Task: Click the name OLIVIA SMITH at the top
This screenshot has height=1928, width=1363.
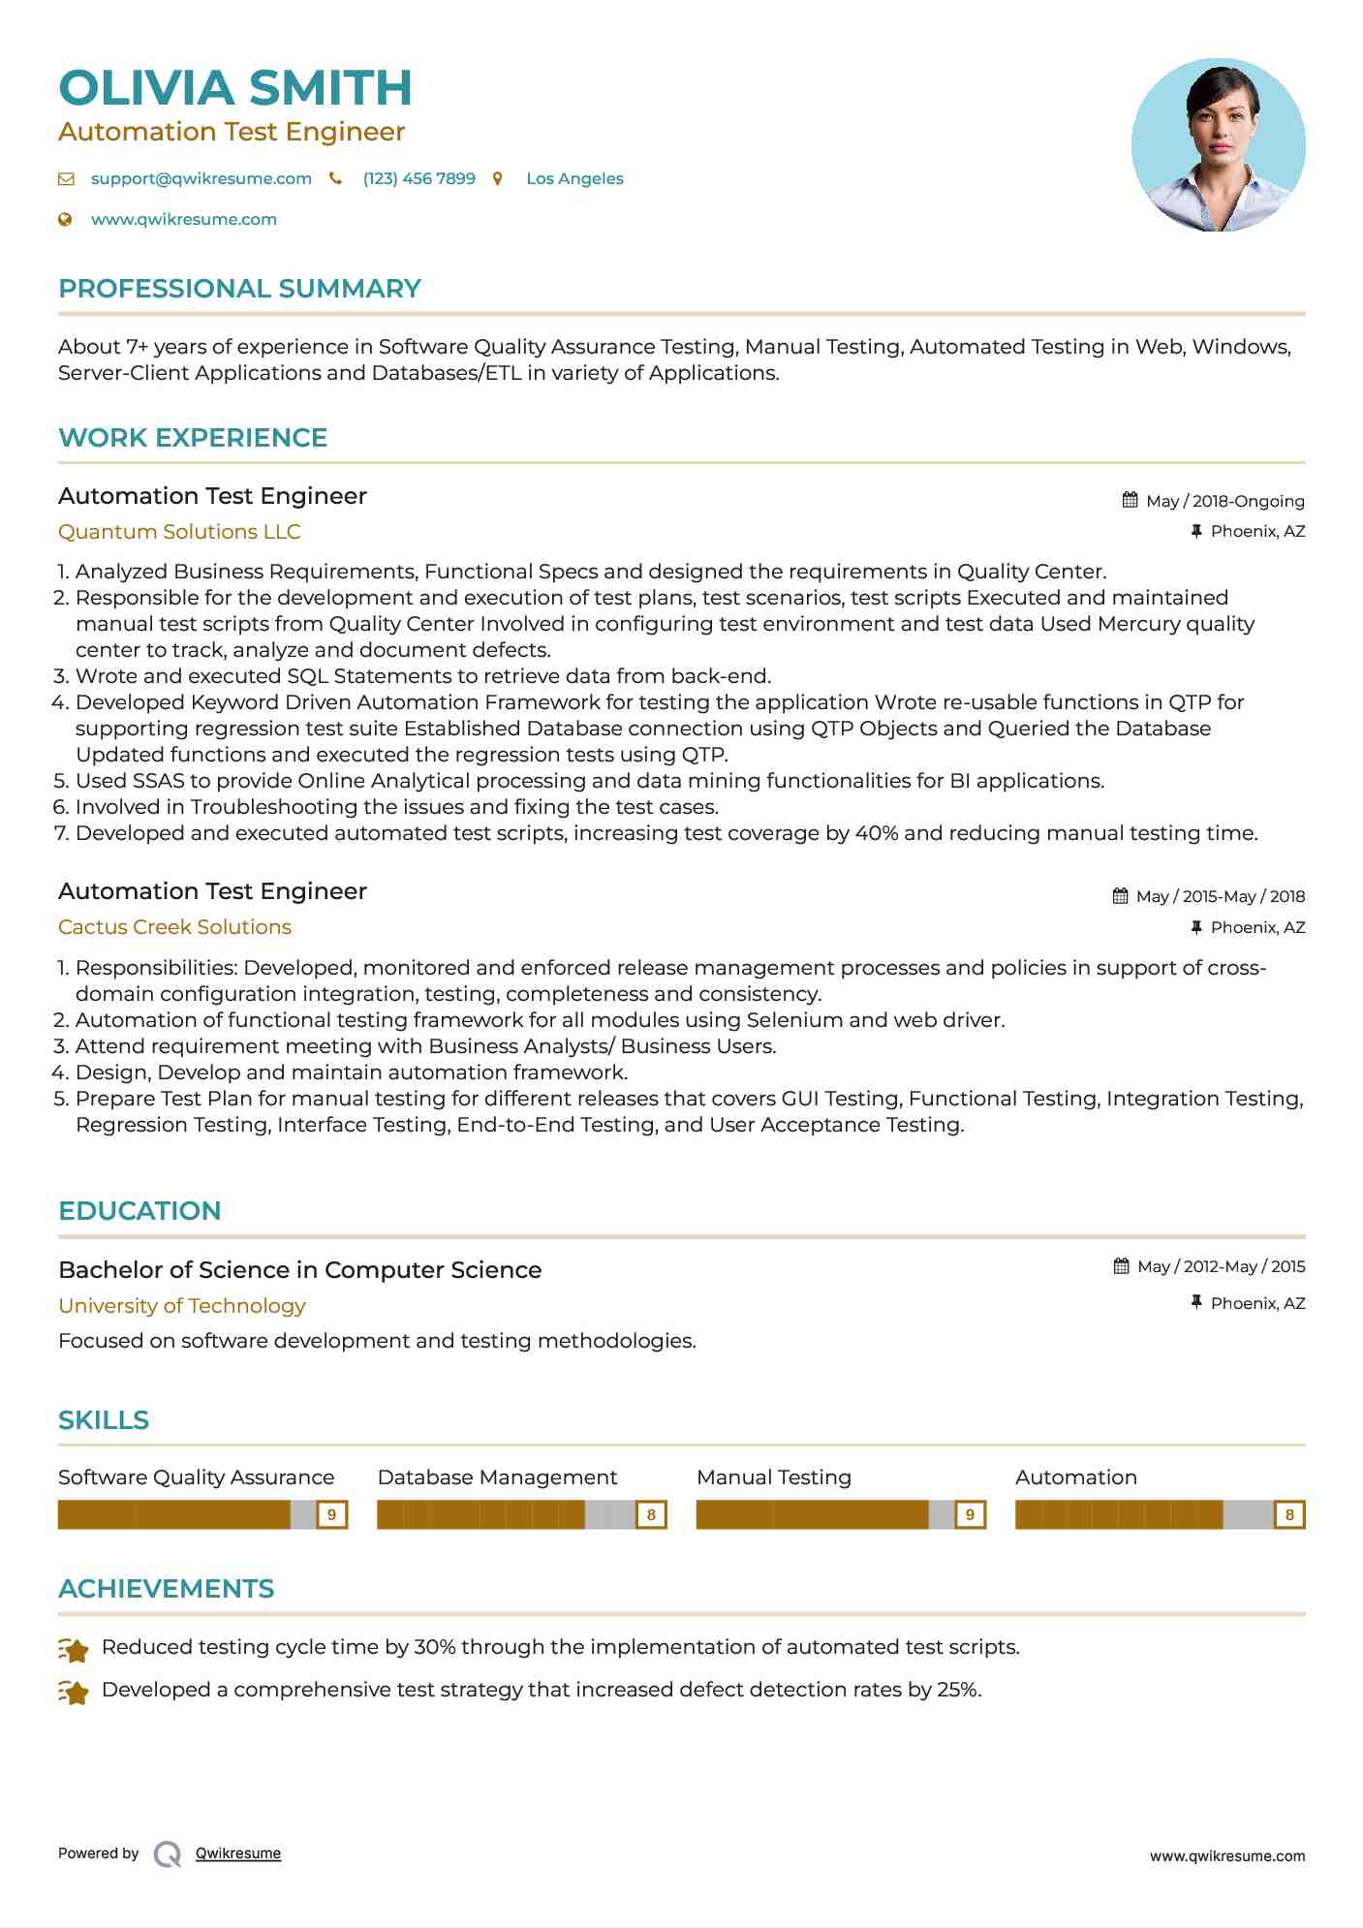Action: point(235,88)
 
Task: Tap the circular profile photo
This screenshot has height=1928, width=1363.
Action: point(1218,145)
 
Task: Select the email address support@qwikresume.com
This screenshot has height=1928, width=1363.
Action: point(201,179)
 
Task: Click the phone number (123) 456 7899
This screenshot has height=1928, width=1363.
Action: point(418,179)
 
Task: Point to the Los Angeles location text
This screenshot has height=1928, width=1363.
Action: point(574,179)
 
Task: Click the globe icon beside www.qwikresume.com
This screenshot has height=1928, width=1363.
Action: point(66,220)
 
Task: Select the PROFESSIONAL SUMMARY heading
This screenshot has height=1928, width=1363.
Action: point(239,289)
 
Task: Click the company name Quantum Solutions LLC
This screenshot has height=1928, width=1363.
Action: point(179,532)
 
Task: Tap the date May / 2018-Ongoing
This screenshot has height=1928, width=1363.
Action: point(1224,502)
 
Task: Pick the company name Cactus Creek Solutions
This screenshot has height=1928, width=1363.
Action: point(174,927)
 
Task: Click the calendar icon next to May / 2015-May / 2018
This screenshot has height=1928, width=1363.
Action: point(1120,896)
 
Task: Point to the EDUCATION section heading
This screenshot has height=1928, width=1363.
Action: point(139,1211)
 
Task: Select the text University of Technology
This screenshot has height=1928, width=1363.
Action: point(182,1306)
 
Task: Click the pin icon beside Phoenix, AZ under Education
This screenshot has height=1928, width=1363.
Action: point(1196,1303)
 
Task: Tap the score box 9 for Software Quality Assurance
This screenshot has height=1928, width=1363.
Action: point(332,1514)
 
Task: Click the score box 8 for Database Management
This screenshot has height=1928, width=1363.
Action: point(651,1514)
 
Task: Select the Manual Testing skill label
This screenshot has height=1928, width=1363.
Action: point(773,1477)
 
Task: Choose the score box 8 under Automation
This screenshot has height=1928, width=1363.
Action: point(1288,1514)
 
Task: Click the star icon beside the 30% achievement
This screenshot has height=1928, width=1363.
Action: point(74,1649)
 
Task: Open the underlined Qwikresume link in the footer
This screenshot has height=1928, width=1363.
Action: point(238,1853)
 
